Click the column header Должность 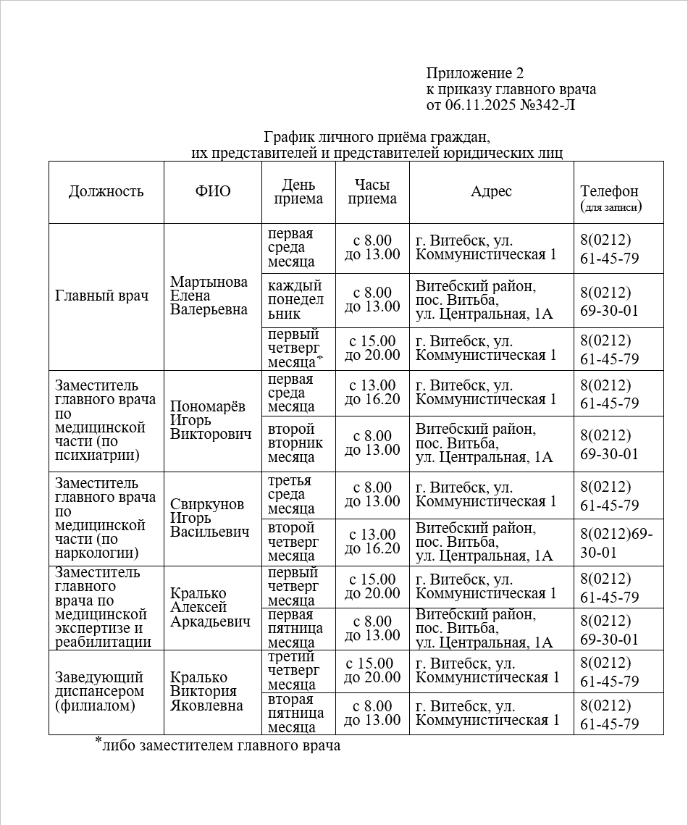tap(106, 191)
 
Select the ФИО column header tap(212, 191)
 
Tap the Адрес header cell tap(491, 191)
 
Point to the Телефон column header tap(610, 192)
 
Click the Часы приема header tap(372, 191)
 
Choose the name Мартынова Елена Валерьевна tap(209, 296)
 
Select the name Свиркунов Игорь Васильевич tap(207, 518)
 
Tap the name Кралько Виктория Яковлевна tap(206, 692)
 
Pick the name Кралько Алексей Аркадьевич tap(210, 607)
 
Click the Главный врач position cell tap(101, 296)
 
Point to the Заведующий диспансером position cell tap(99, 692)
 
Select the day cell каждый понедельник tap(295, 300)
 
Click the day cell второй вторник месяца tap(295, 443)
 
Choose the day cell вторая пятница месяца tap(295, 713)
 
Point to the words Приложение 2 tap(474, 73)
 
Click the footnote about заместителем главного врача tap(218, 744)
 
